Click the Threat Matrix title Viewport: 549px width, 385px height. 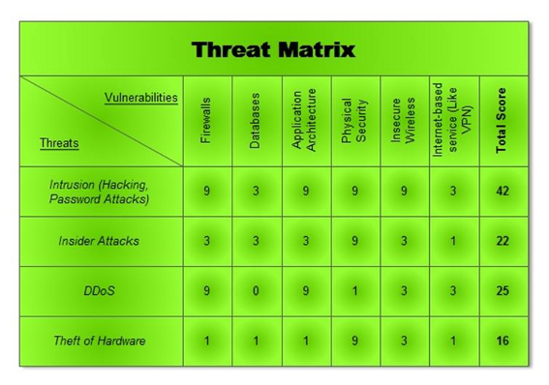pos(273,49)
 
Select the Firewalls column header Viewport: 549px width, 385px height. pos(205,120)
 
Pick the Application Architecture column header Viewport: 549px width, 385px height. pos(305,120)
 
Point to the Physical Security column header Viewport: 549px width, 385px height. pos(354,120)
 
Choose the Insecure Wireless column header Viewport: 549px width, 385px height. pos(404,121)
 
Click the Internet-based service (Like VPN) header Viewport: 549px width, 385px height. pos(453,120)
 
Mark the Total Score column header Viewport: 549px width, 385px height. pos(502,120)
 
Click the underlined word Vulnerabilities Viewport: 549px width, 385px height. pos(141,98)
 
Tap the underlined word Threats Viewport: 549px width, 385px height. pos(59,143)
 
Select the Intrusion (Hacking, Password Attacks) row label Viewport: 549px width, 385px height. pos(101,192)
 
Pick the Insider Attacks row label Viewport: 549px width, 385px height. pos(99,241)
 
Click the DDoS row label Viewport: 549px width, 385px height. pos(99,291)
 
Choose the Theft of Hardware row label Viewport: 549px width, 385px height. pos(99,341)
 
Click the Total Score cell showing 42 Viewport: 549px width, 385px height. pos(502,192)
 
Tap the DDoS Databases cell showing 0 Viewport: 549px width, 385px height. pos(256,291)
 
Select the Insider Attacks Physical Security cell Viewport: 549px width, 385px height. pos(354,241)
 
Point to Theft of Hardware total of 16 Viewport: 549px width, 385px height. pos(502,341)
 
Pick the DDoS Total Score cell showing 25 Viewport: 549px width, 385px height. pos(502,291)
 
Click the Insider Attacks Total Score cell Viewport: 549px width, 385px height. pos(502,241)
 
